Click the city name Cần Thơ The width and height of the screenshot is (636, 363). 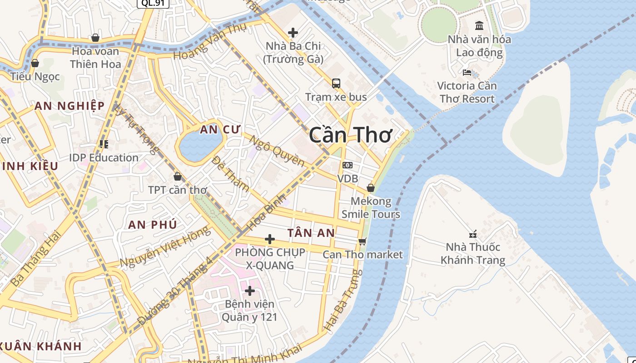click(350, 135)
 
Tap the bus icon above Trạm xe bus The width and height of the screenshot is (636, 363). click(336, 83)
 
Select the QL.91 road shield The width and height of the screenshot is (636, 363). click(153, 3)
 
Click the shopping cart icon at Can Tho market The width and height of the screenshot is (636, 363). click(362, 241)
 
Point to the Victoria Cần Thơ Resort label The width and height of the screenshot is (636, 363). click(467, 92)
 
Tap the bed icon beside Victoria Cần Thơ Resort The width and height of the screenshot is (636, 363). click(467, 72)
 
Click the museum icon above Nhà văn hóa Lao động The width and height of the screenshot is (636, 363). click(479, 25)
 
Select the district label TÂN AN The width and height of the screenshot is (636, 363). click(311, 233)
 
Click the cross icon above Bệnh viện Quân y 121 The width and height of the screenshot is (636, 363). click(249, 290)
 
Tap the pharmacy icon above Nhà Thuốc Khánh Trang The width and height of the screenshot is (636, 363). click(473, 234)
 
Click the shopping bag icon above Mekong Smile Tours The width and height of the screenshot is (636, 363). click(371, 187)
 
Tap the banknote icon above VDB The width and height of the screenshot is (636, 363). click(348, 165)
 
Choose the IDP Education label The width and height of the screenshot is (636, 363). click(104, 158)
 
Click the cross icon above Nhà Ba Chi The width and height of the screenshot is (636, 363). click(293, 32)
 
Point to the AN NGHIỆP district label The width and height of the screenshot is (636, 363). click(70, 106)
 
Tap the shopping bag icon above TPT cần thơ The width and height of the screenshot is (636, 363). click(178, 176)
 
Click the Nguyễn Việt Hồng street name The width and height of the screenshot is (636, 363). click(165, 247)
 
